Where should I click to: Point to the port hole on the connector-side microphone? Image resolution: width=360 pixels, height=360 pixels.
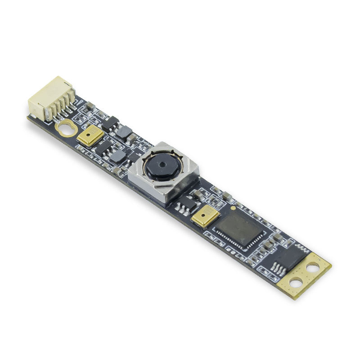tap(89, 134)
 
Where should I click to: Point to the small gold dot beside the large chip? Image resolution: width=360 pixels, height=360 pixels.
tap(233, 208)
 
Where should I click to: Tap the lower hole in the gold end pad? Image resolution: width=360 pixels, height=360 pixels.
tap(296, 283)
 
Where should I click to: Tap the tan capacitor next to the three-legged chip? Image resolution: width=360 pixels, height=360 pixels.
tap(197, 193)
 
